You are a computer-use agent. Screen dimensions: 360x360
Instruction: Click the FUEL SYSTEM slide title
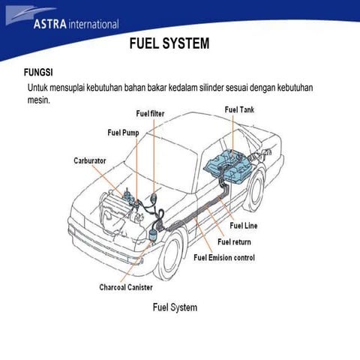[169, 44]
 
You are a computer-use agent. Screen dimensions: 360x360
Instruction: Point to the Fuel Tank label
[239, 109]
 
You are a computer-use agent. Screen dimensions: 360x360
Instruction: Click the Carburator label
[89, 160]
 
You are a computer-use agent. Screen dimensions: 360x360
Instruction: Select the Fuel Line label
[244, 226]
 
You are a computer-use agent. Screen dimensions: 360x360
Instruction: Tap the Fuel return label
[234, 241]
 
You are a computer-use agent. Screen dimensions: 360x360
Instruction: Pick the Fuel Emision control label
[224, 258]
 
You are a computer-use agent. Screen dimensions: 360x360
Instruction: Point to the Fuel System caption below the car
[175, 307]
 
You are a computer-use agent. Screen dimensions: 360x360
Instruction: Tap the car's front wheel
[169, 251]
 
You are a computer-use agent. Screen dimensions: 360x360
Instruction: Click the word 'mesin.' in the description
[38, 100]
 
